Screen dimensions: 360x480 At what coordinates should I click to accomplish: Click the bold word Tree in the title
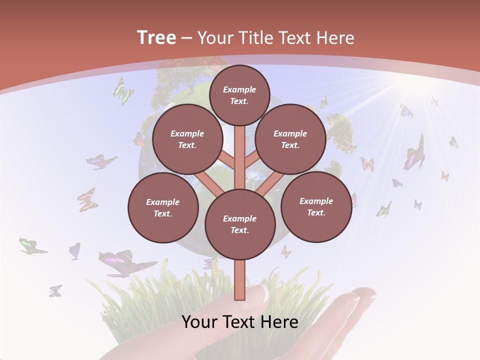[156, 37]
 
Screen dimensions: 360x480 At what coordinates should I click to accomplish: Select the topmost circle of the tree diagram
[239, 95]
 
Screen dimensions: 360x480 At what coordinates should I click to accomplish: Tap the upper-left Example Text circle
[187, 139]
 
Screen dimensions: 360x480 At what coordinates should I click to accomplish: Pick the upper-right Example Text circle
[290, 139]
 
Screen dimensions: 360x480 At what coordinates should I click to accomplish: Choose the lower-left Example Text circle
[163, 207]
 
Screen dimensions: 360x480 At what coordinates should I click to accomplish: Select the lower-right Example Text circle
[316, 206]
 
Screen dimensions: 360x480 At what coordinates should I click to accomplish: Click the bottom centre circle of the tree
[240, 224]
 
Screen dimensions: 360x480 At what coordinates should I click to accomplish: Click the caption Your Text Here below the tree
[240, 322]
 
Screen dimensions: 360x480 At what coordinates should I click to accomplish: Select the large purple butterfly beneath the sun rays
[415, 153]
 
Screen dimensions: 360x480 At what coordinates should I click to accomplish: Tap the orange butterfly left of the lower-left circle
[87, 199]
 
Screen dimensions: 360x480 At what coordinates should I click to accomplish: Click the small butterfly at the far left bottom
[55, 290]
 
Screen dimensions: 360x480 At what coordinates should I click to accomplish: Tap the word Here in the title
[335, 38]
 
